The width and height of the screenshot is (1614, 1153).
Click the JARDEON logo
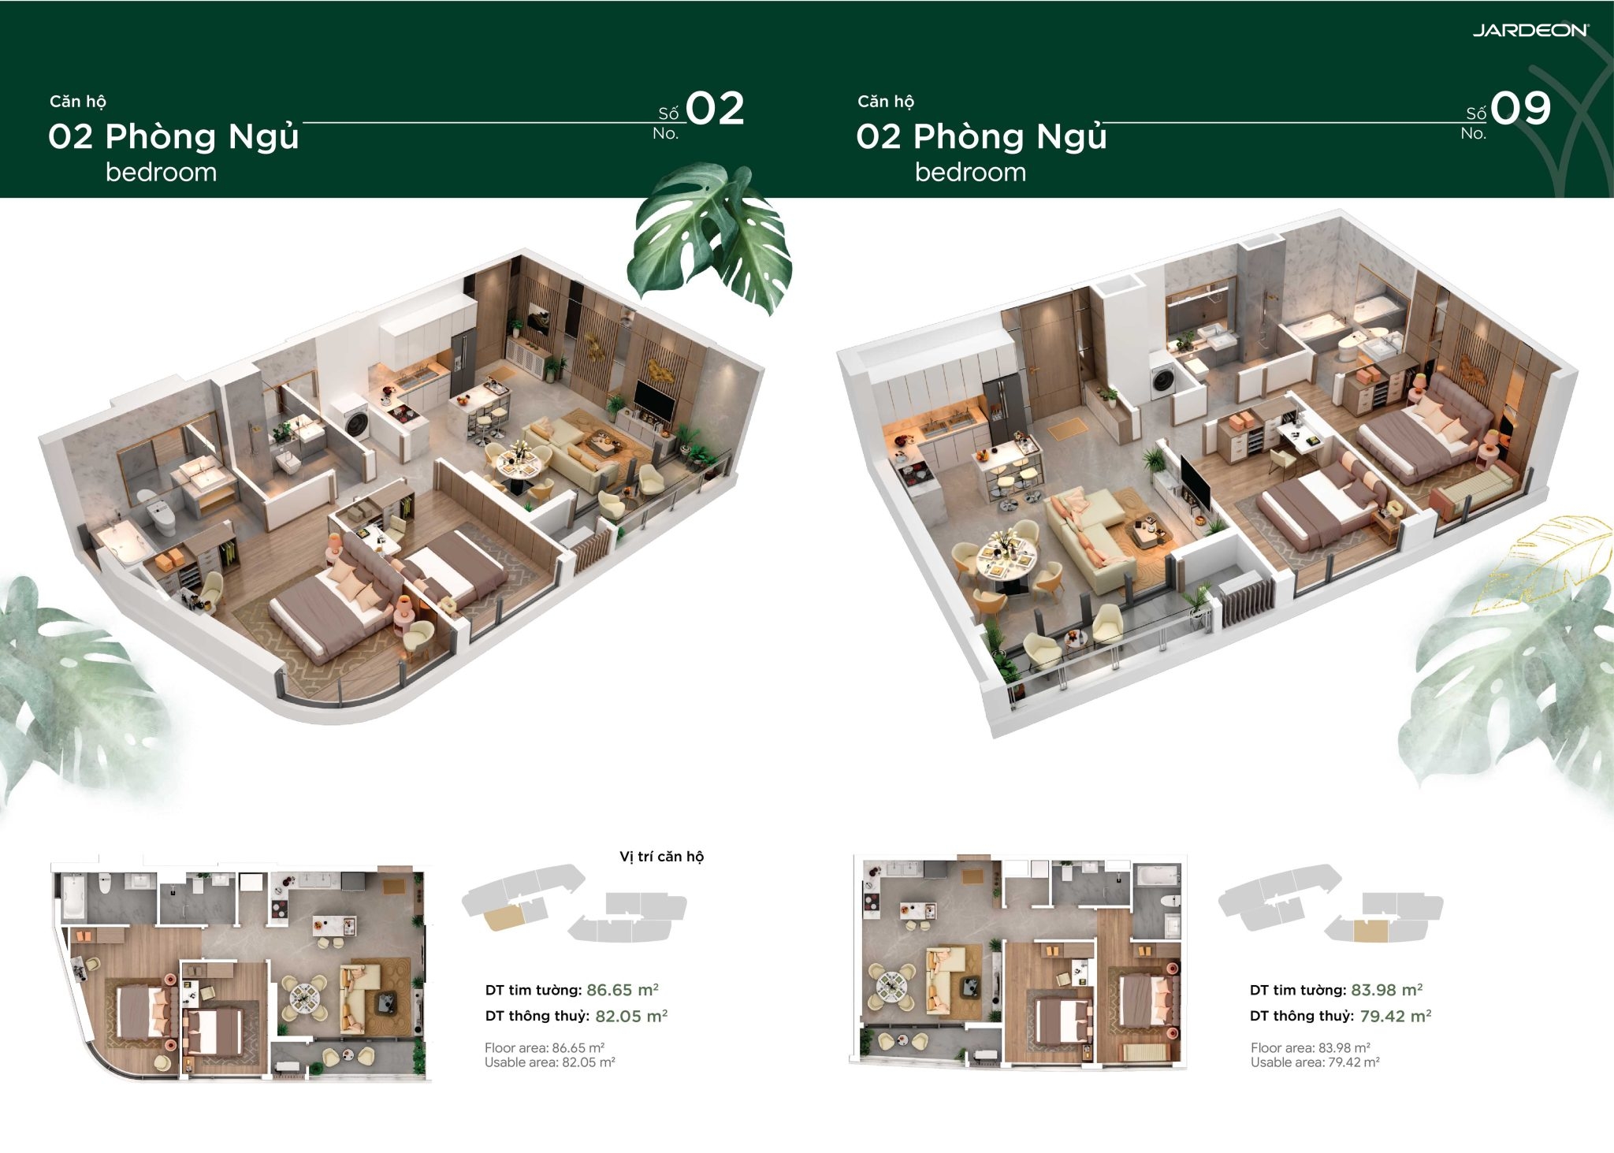click(x=1530, y=30)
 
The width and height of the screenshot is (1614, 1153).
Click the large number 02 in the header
click(x=715, y=108)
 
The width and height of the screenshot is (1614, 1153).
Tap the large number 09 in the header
click(x=1521, y=108)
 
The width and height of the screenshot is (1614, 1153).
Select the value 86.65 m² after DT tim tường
click(x=622, y=990)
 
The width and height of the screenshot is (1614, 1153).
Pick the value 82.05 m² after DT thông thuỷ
click(x=631, y=1016)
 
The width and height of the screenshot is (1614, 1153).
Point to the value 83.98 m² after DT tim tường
click(x=1386, y=990)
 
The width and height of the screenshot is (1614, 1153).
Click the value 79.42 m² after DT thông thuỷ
click(x=1396, y=1016)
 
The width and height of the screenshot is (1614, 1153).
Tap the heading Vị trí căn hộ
click(x=661, y=857)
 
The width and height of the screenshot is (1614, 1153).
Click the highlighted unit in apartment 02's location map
click(x=503, y=917)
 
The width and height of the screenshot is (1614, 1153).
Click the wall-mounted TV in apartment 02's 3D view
click(x=654, y=400)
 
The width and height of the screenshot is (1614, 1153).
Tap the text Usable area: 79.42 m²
click(x=1315, y=1062)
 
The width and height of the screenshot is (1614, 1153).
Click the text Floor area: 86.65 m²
click(x=545, y=1047)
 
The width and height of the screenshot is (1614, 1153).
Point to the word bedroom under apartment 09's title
click(x=970, y=172)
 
